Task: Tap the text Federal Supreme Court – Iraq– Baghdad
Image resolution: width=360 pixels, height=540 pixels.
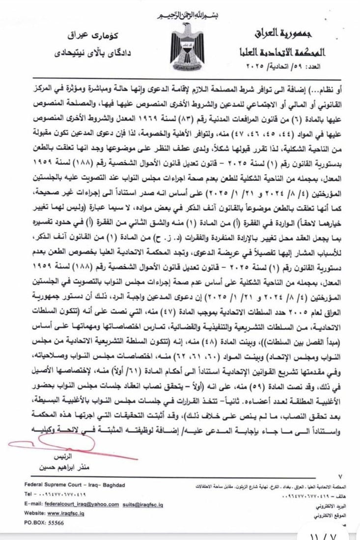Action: tap(74, 485)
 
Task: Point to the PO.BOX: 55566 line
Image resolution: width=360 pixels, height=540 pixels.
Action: tap(44, 523)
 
